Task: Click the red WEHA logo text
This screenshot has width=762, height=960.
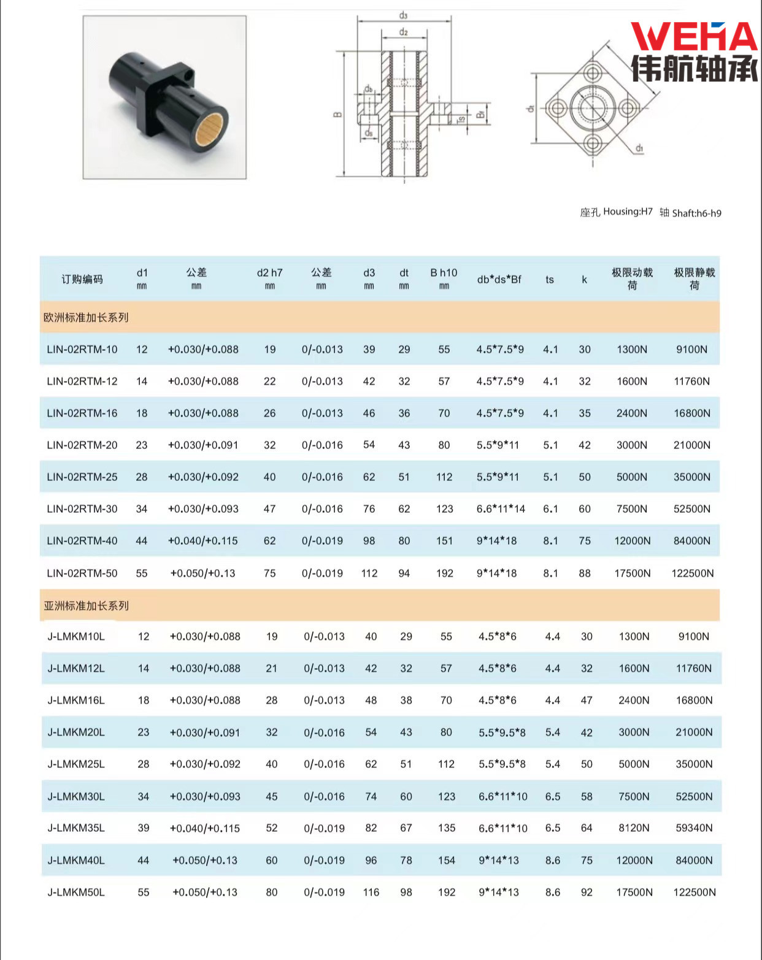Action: click(693, 37)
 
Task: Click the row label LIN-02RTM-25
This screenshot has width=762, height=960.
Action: click(82, 477)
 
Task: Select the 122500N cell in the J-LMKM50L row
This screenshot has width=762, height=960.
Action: click(694, 892)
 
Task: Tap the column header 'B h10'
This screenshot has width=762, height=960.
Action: click(444, 273)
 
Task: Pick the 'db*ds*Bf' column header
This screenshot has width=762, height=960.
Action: click(499, 279)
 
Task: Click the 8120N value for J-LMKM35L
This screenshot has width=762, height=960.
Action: click(634, 828)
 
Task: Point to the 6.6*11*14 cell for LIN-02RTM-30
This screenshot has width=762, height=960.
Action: click(501, 509)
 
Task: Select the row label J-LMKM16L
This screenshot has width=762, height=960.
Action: click(76, 700)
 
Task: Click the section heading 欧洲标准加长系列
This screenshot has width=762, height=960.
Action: click(86, 317)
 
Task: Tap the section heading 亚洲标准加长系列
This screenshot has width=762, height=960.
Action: click(86, 605)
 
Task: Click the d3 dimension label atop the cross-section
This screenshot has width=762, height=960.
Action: click(403, 15)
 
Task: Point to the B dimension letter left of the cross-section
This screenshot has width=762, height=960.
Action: click(337, 114)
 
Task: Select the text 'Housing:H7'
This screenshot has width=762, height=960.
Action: click(628, 212)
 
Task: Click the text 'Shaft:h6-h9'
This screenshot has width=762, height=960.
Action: click(696, 213)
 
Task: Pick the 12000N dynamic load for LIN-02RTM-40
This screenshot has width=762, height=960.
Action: click(632, 540)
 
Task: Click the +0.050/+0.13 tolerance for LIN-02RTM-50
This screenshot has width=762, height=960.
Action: click(202, 573)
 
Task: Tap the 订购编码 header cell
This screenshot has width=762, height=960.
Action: click(82, 279)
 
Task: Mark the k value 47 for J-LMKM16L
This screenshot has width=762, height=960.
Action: click(587, 700)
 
